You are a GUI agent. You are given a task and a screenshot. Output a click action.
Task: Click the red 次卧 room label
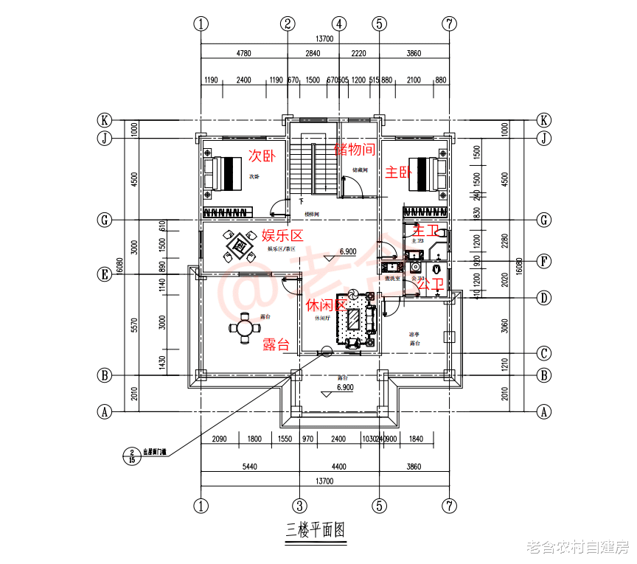pos(262,156)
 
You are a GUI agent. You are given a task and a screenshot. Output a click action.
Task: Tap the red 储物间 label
pos(355,150)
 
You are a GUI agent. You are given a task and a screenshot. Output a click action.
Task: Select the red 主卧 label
pos(399,173)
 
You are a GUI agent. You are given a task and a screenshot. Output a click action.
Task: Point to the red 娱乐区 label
pos(283,236)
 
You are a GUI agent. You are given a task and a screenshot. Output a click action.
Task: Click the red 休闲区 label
pos(325,304)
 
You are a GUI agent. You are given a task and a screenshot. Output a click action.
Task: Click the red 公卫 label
pos(430,285)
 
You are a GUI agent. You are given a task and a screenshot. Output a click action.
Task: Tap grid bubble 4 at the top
pos(338,23)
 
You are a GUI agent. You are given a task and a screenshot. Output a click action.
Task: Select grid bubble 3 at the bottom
pos(299,506)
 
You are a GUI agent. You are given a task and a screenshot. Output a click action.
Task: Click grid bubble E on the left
pos(105,274)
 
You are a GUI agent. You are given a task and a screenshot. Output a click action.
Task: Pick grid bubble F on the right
pos(544,260)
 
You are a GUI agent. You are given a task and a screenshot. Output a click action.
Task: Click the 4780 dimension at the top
pos(243,53)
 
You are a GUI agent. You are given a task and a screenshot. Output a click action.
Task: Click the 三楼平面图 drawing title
pos(315,529)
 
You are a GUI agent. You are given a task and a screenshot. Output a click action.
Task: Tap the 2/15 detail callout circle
pos(132,456)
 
